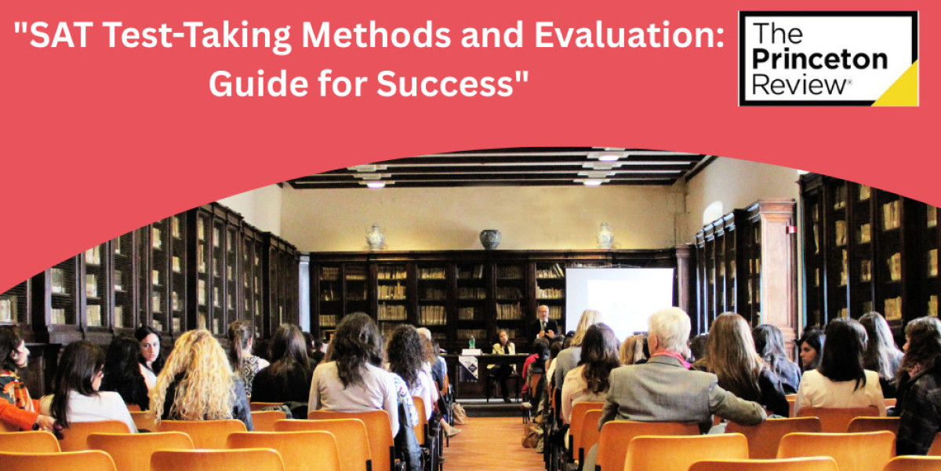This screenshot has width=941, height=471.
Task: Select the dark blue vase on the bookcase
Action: (490, 239)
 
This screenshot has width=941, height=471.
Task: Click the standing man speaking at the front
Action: (542, 324)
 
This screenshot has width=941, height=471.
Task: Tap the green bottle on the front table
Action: (471, 342)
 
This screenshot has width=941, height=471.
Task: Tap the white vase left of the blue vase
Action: (375, 237)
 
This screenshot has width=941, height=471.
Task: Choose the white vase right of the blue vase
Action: (605, 236)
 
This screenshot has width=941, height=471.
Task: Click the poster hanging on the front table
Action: (469, 367)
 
